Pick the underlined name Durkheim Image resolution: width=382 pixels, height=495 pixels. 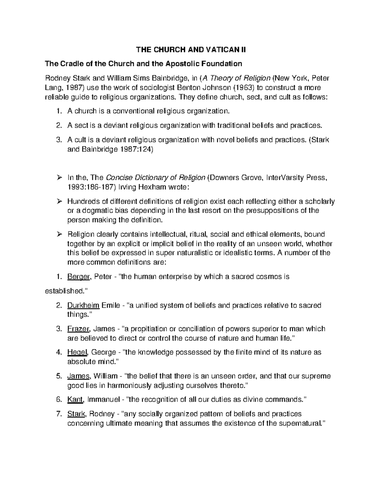coord(83,305)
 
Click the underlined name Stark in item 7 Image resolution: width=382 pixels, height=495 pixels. coord(76,414)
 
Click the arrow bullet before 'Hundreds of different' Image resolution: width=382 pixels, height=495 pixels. coord(59,201)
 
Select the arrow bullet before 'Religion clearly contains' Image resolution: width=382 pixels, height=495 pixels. coord(59,235)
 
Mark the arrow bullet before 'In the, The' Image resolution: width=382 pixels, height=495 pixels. coord(59,178)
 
